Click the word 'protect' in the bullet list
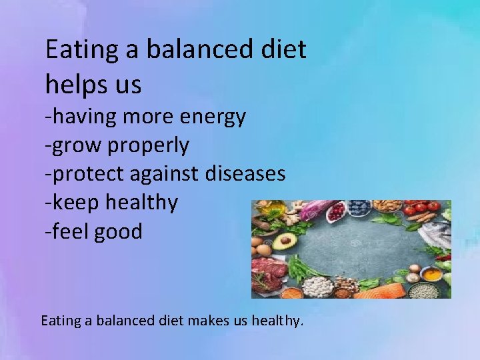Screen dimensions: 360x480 click(89, 174)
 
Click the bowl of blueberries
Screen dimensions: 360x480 click(359, 207)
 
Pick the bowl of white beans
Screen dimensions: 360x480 click(317, 287)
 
